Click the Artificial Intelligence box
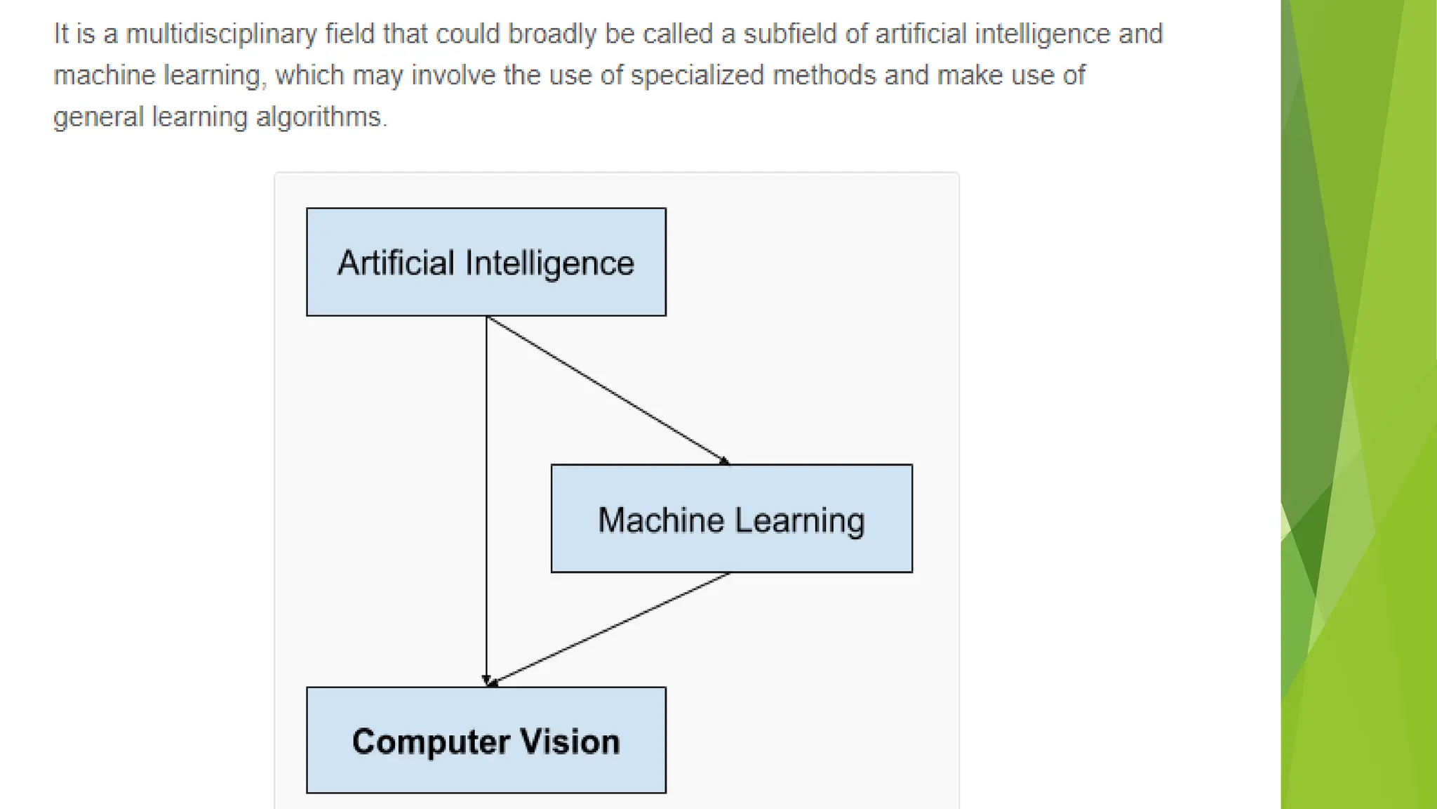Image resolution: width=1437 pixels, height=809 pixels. click(486, 262)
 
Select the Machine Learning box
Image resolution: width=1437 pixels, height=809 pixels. click(731, 519)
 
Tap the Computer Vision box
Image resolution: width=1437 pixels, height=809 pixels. click(486, 740)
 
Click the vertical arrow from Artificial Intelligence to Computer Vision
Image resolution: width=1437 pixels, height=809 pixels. click(486, 492)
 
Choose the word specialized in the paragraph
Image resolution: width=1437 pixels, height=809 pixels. click(697, 75)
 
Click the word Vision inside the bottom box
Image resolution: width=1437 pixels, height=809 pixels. click(570, 742)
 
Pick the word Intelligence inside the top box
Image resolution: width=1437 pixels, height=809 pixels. click(549, 263)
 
